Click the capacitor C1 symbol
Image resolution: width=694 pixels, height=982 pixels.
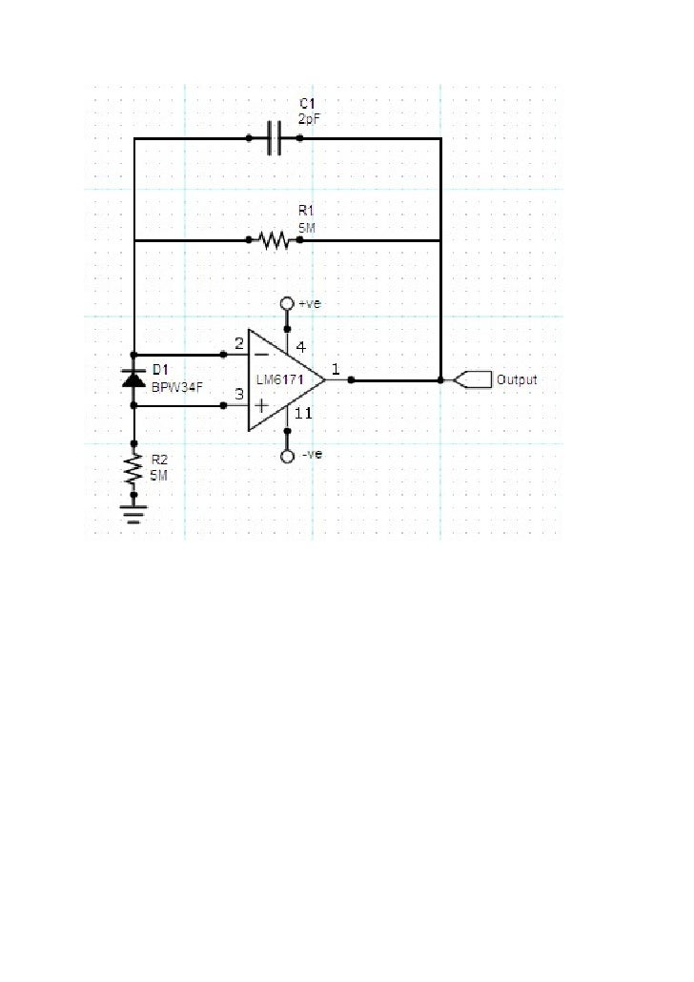point(275,138)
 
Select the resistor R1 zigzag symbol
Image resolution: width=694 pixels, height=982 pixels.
point(275,239)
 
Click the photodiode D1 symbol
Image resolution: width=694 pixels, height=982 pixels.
point(134,378)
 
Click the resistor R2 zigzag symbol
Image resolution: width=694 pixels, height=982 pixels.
point(134,469)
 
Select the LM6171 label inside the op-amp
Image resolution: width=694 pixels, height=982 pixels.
point(279,379)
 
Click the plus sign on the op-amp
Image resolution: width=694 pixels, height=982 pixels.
point(260,405)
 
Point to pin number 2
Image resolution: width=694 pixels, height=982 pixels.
point(238,342)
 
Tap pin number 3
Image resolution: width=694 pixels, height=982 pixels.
point(238,394)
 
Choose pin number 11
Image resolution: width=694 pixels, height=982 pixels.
point(302,414)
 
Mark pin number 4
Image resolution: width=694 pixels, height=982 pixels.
point(299,345)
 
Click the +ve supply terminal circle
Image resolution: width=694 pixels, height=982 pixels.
point(286,304)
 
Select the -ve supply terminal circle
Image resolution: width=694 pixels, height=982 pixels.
point(286,457)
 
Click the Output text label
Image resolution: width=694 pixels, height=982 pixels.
point(517,379)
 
